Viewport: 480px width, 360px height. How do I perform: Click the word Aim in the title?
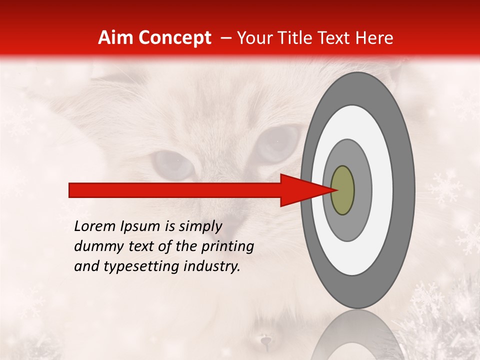(x=116, y=38)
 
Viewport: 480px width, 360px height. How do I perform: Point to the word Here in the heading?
(x=375, y=38)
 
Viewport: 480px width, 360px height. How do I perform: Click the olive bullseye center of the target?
(x=342, y=190)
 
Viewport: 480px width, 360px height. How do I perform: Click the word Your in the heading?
(x=254, y=38)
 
